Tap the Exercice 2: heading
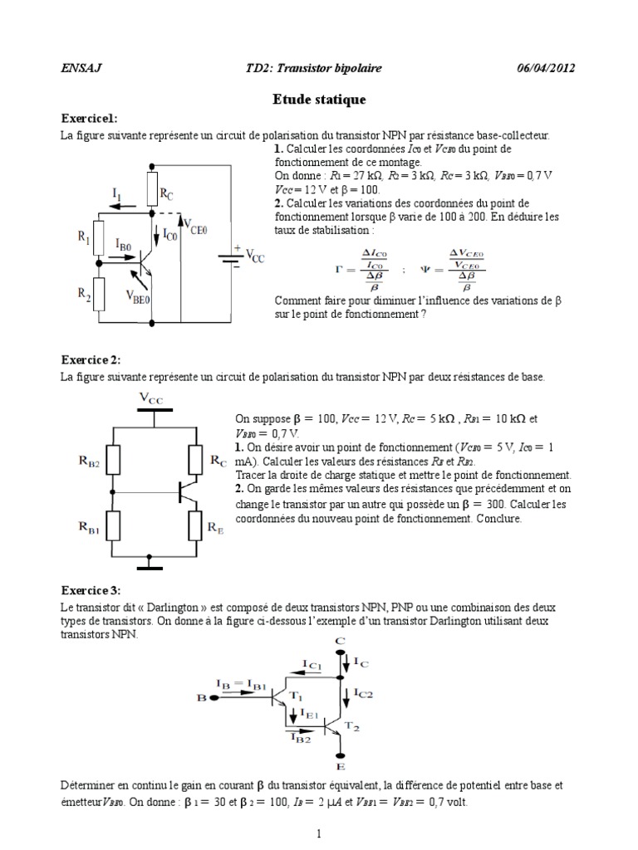[x=91, y=359]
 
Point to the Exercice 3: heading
[x=91, y=590]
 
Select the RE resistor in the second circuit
[x=195, y=524]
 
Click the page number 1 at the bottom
[x=319, y=833]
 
